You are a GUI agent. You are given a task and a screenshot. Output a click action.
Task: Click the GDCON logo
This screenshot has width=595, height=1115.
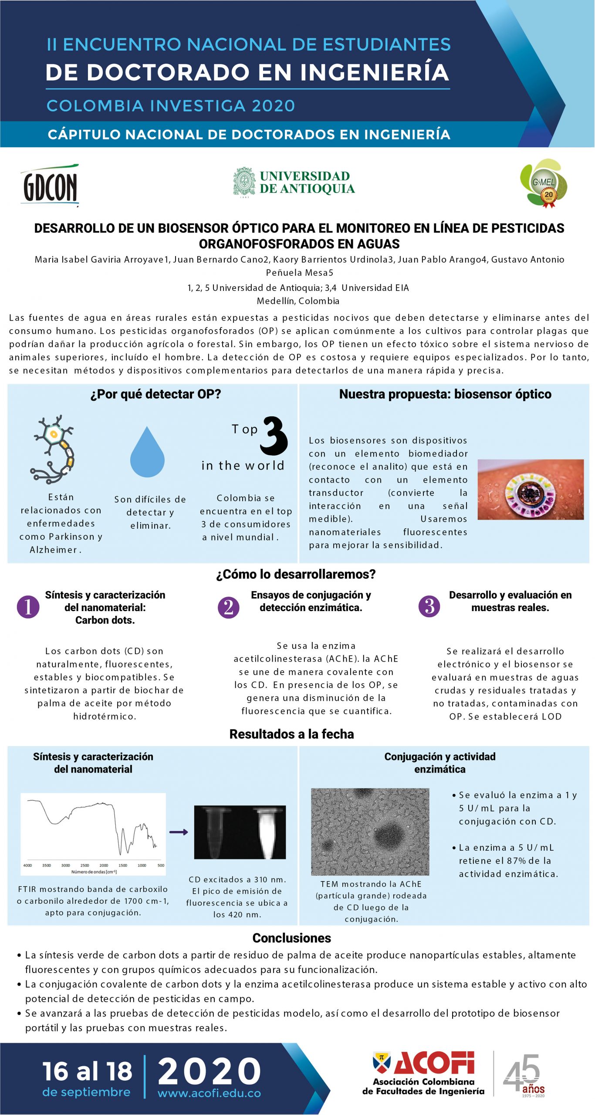click(x=50, y=185)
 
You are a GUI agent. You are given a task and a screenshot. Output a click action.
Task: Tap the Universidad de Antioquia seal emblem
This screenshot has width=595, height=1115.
click(x=244, y=182)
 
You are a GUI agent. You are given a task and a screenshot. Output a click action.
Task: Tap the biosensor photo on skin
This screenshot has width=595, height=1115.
click(x=530, y=489)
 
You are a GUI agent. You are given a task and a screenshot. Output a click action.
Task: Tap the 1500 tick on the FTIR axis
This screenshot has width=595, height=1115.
click(x=123, y=865)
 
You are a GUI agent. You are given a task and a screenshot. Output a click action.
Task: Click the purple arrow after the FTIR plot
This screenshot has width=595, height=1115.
click(x=179, y=832)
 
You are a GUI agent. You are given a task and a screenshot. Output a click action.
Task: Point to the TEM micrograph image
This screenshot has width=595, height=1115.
click(x=370, y=831)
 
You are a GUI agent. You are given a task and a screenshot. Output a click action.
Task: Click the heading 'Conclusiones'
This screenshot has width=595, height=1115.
click(x=292, y=938)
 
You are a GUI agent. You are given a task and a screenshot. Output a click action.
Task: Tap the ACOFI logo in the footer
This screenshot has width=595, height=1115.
click(x=424, y=1073)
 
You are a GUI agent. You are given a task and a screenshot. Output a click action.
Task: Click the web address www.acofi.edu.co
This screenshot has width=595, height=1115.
click(x=209, y=1093)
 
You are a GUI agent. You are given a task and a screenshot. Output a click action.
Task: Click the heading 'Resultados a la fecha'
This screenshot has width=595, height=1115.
click(x=291, y=734)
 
